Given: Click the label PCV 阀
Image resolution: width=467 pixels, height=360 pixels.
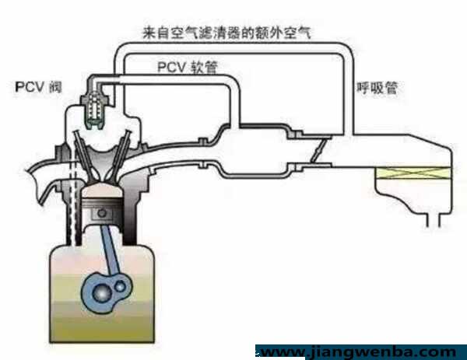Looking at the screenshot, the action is [38, 87].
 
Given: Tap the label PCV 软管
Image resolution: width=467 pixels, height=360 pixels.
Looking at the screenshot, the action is [188, 68].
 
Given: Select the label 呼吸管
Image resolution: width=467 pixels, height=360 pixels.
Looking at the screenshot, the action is [377, 88].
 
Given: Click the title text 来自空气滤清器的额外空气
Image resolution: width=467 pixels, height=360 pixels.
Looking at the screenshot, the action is [227, 33].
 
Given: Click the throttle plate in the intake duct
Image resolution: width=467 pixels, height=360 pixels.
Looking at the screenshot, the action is [318, 151].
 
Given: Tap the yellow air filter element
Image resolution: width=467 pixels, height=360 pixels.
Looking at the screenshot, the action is [414, 173].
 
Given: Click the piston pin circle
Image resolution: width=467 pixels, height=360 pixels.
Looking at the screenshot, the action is [102, 213].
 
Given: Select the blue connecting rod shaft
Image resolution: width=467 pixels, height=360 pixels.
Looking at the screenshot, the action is [110, 250].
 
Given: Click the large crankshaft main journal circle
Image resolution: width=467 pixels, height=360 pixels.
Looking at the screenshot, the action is [102, 294].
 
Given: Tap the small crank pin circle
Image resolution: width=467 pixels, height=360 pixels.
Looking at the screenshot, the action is [121, 287].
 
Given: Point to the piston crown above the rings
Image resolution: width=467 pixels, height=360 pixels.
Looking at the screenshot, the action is [102, 190].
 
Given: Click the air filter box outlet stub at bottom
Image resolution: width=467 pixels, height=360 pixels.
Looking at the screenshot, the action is [434, 220].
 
